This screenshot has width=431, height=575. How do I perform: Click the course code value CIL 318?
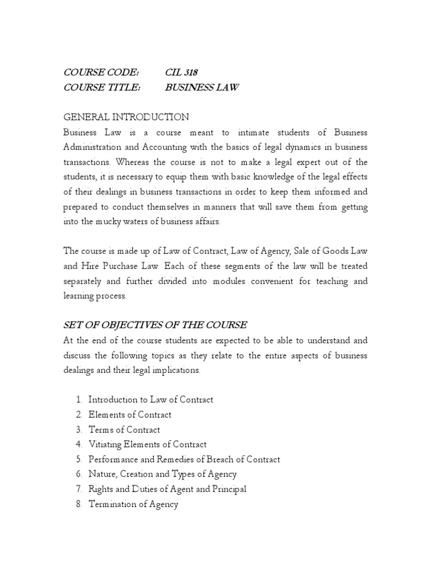point(181,72)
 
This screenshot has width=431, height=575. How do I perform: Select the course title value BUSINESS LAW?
point(202,88)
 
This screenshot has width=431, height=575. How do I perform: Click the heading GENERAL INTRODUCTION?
point(126,117)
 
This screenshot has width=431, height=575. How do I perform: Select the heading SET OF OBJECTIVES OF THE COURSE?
point(155,325)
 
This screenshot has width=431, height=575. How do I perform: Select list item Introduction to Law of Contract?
point(151,400)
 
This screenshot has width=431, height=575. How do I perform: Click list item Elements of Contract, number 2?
point(130,415)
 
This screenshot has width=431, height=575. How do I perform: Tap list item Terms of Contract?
point(125,430)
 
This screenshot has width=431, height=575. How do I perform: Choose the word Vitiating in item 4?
point(107,445)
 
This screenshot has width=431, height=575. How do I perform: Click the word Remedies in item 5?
point(169,459)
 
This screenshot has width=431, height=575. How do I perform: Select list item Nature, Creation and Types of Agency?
point(163,474)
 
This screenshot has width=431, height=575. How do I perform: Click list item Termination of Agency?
point(134,504)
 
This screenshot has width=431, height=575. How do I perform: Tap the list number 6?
point(79,474)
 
